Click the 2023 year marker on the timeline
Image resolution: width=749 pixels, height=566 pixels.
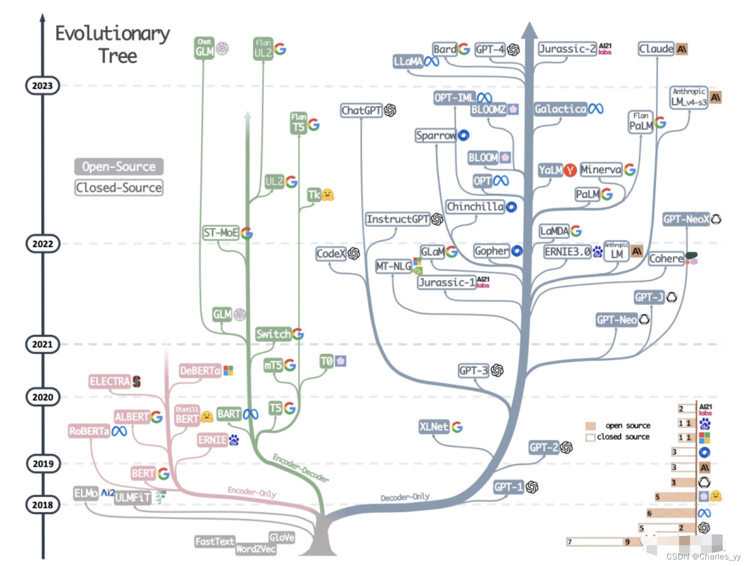42,86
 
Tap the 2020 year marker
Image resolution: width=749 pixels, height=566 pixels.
42,397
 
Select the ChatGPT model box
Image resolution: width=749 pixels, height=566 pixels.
361,110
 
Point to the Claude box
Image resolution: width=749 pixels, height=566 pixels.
656,49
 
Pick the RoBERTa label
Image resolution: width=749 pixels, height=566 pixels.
89,431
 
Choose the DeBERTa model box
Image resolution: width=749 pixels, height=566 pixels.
200,371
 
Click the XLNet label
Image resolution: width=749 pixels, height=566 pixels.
434,427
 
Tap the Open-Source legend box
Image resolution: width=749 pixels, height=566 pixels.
119,167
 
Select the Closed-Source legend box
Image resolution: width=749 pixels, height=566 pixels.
119,187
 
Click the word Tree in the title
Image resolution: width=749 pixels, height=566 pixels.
118,56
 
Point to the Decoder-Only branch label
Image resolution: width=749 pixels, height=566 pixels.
405,497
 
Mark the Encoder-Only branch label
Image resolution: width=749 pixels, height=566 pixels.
251,492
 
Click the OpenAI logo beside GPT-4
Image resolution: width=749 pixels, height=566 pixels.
513,50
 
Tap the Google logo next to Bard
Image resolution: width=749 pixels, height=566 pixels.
464,49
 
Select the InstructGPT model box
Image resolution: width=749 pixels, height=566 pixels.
397,219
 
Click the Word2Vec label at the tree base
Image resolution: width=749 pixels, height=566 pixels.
255,549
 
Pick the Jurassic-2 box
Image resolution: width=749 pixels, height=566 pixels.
567,49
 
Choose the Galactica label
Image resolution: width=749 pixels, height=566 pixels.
560,109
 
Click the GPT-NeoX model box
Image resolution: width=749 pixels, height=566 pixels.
686,219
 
